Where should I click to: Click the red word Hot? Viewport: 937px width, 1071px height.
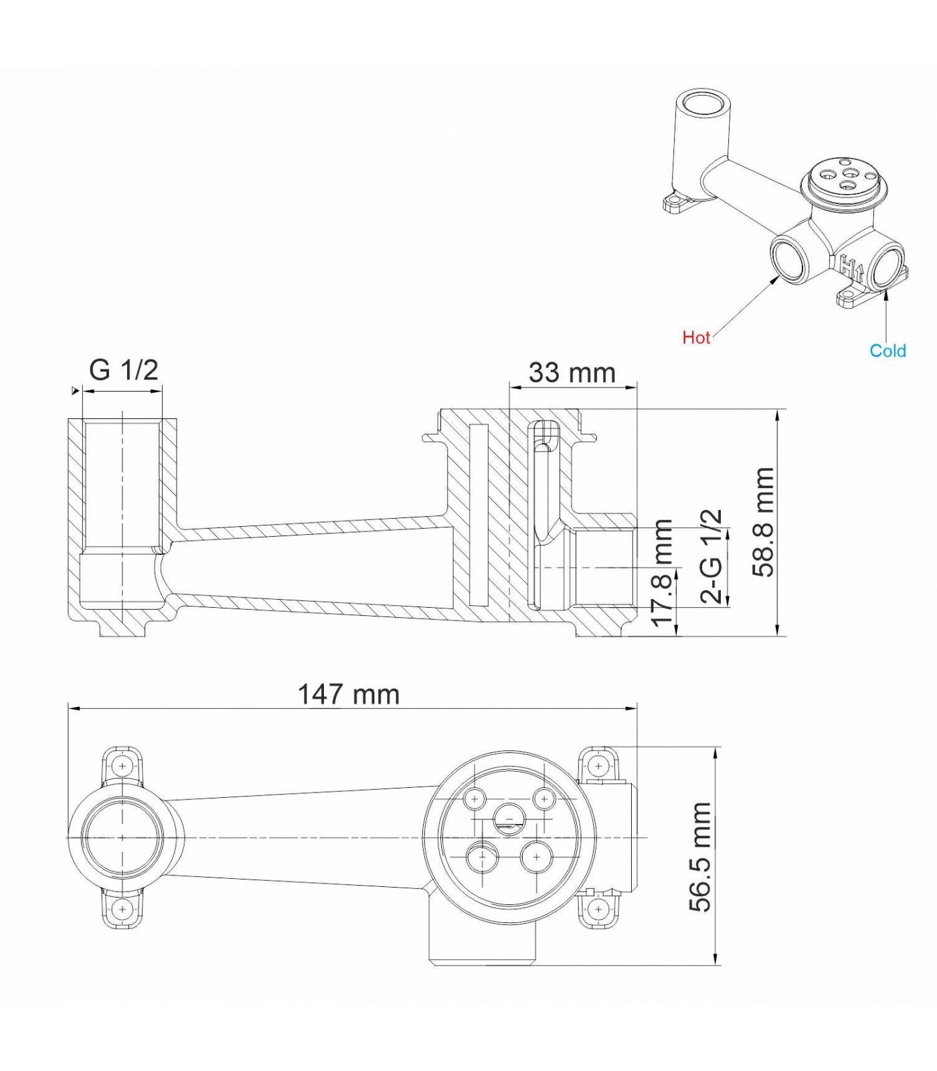[x=696, y=337]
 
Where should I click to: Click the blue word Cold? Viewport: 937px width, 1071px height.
[x=887, y=351]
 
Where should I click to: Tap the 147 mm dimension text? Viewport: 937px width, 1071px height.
[x=349, y=694]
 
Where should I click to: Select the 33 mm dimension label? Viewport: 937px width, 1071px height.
[x=572, y=373]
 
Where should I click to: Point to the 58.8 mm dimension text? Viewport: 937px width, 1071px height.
[x=764, y=522]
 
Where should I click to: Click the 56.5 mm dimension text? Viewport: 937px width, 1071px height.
[x=701, y=857]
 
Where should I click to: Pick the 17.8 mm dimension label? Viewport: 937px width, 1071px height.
[x=662, y=573]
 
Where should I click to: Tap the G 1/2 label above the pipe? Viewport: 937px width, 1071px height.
[x=124, y=369]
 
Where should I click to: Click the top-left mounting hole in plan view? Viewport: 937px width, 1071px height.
[x=122, y=765]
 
